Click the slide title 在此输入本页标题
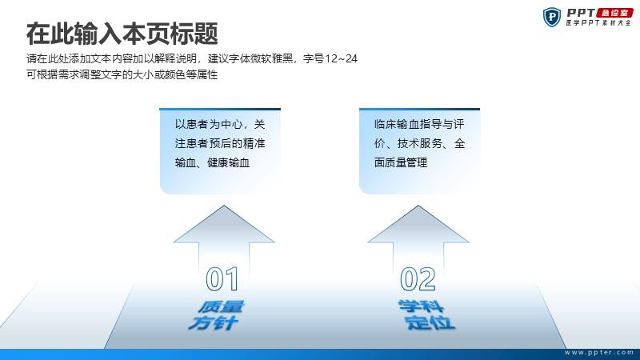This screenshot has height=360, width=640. pos(122,34)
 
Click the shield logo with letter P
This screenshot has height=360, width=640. pos(552,17)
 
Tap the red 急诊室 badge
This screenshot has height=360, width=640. pos(614,13)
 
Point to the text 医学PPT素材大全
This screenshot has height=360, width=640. pos(598,23)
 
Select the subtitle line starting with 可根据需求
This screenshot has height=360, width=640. pos(122,74)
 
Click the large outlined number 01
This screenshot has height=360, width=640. pos(222,279)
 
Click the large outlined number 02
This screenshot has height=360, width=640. pos(418,279)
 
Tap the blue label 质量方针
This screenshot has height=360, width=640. pos(216,315)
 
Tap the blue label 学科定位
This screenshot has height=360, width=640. pos(426,314)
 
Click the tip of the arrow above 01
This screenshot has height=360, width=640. pos(224,206)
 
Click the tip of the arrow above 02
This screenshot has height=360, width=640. pos(418,206)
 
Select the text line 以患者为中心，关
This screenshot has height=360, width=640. pos(220,124)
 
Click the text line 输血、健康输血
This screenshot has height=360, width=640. pos(212,162)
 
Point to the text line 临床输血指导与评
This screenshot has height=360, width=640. pos(419,124)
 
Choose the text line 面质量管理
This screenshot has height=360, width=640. pos(401,162)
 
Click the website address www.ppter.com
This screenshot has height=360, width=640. pos(599,352)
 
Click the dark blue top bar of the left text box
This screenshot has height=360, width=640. pos(220,109)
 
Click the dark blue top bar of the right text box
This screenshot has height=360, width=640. pos(419,109)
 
